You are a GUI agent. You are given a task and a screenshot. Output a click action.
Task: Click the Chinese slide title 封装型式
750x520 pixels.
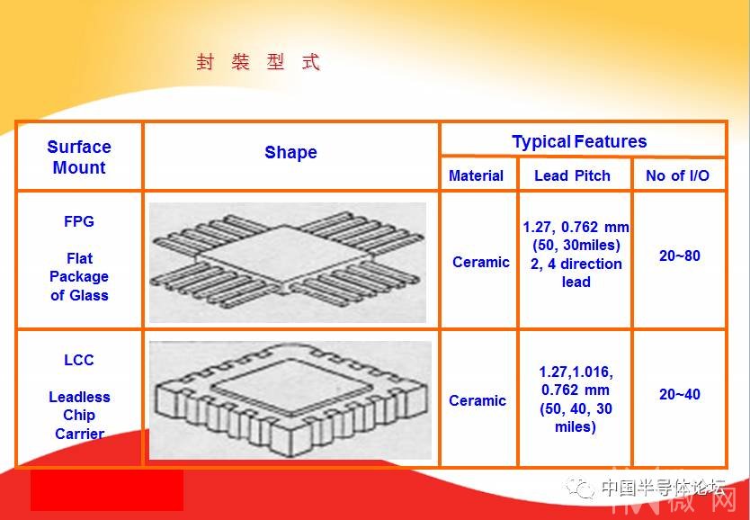tap(258, 62)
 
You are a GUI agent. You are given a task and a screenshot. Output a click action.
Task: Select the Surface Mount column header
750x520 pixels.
tap(79, 157)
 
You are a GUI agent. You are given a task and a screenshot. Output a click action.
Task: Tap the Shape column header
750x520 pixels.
tap(290, 152)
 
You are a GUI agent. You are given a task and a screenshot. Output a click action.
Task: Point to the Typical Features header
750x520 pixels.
tap(579, 141)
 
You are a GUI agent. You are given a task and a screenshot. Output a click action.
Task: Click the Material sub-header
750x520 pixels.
tap(476, 175)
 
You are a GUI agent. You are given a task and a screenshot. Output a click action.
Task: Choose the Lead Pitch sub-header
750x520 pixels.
tap(572, 175)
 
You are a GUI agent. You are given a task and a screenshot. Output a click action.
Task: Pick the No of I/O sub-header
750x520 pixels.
tap(677, 175)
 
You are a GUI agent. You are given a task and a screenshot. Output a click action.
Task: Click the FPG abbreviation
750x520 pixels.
tap(79, 221)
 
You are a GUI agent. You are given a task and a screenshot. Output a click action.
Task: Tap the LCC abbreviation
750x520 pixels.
tap(79, 360)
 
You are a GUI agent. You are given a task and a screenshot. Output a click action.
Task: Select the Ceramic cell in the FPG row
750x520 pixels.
tap(481, 262)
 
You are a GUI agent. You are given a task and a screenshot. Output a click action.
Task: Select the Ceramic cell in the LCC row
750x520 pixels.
tap(477, 400)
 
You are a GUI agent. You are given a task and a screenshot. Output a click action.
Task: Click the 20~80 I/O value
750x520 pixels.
tap(680, 256)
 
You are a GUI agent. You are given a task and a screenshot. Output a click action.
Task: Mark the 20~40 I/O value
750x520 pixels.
tap(680, 394)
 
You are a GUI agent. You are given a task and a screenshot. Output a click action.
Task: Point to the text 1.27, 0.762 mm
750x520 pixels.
tap(576, 227)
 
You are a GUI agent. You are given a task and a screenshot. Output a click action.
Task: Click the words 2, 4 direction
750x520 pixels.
tap(576, 264)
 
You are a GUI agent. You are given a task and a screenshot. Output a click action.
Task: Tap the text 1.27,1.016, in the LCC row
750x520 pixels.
tap(576, 372)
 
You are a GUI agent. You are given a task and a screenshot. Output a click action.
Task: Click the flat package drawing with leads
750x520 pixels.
tap(288, 263)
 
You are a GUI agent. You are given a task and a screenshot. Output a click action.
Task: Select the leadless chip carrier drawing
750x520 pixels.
tap(290, 400)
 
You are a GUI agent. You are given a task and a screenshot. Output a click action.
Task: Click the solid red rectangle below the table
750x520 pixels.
tap(107, 490)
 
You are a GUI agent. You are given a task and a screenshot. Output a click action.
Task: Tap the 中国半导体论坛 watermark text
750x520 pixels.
tap(664, 488)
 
